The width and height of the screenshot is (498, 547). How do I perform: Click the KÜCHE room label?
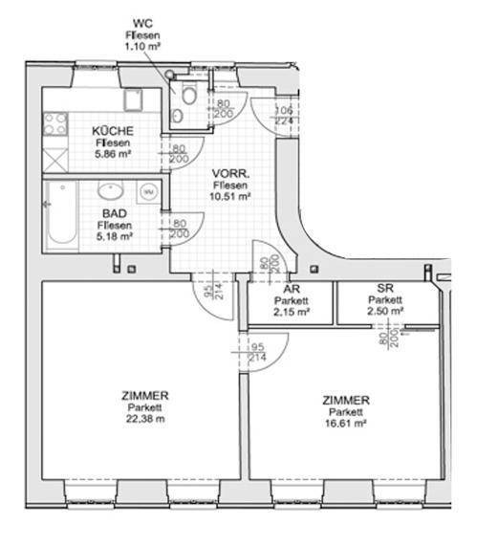point(113,131)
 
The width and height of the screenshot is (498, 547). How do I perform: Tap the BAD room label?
point(115,213)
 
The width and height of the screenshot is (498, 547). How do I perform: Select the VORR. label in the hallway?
point(231,173)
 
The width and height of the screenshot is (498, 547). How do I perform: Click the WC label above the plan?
point(142,24)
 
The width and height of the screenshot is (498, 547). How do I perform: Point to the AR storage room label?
point(292,289)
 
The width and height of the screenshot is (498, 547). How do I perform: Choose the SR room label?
point(385,288)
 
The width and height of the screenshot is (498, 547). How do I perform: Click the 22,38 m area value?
point(145,419)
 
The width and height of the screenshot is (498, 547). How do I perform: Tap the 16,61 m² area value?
point(346,423)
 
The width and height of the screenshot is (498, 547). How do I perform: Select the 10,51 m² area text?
point(230,196)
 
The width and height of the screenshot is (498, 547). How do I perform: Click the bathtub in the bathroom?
point(62,214)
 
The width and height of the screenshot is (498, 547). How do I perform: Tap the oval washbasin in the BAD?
point(111,190)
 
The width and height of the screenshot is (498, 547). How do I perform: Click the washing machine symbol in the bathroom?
point(149,191)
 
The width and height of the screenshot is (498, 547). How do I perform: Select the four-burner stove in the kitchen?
point(55,124)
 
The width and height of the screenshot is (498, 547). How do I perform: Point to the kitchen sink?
point(133,99)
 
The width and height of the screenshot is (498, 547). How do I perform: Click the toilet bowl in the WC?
point(189,94)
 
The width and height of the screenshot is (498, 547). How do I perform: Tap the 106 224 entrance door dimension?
point(284,116)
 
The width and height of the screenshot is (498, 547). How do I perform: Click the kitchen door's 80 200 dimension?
point(180,154)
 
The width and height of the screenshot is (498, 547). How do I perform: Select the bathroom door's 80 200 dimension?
point(180,229)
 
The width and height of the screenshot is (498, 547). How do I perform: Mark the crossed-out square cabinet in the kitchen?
point(55,160)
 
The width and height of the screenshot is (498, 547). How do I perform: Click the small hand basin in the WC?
point(177,116)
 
